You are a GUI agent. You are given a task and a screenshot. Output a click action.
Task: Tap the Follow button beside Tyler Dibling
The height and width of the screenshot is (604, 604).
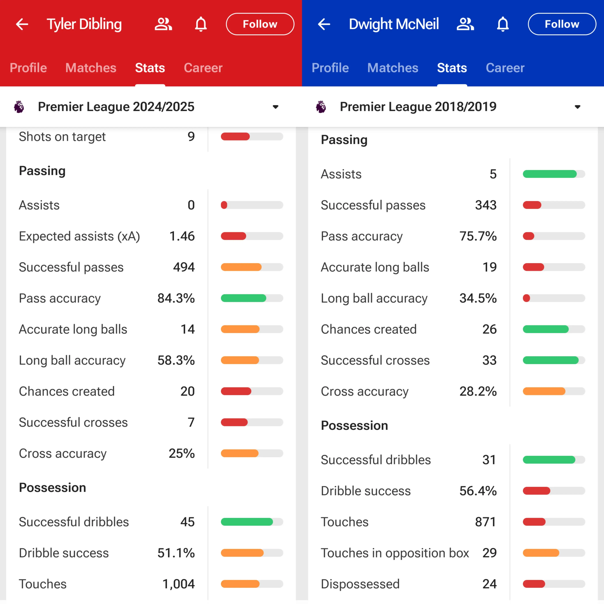[260, 24]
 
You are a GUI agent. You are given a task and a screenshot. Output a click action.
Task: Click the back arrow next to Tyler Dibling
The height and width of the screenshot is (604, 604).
[22, 24]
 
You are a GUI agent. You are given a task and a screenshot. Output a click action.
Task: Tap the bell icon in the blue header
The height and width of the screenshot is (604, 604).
[503, 24]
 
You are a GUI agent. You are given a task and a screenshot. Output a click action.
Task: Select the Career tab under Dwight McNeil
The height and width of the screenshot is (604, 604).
[505, 68]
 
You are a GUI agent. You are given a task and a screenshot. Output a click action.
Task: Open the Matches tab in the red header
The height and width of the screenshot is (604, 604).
[91, 68]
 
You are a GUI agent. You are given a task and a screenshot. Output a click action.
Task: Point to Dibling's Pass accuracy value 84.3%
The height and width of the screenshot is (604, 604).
[176, 298]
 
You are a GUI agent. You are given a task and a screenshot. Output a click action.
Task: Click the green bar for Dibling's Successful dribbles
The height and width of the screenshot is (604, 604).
[247, 522]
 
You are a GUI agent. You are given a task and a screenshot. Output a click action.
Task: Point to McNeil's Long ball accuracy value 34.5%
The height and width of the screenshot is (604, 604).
[478, 298]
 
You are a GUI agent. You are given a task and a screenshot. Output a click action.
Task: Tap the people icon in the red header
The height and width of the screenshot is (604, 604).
[163, 24]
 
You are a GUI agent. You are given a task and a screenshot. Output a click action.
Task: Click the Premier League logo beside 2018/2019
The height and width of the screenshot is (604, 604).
[321, 107]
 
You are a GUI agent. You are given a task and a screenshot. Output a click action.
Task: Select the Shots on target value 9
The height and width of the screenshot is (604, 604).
[191, 137]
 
